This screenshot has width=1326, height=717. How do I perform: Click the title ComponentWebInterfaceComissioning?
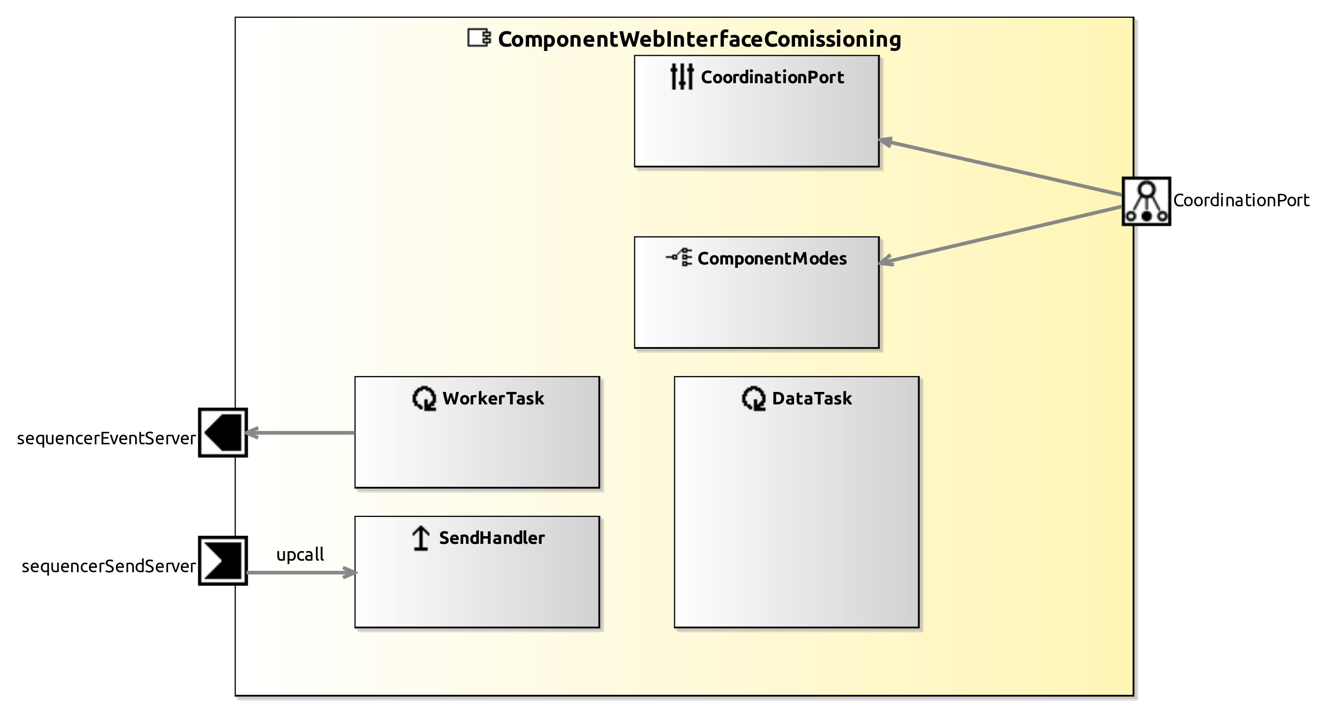pyautogui.click(x=699, y=39)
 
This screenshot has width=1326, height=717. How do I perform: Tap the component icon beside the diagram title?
pyautogui.click(x=479, y=38)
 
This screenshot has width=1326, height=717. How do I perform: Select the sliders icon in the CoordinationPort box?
pyautogui.click(x=682, y=76)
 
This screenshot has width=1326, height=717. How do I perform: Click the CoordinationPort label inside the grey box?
pyautogui.click(x=772, y=77)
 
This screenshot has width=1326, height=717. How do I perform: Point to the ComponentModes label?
pyautogui.click(x=771, y=258)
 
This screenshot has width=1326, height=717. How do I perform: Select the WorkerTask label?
pyautogui.click(x=493, y=398)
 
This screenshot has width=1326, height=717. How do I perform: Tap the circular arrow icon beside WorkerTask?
pyautogui.click(x=424, y=398)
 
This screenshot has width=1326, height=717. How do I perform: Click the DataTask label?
pyautogui.click(x=812, y=398)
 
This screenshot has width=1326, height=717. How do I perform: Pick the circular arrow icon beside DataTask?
pyautogui.click(x=754, y=398)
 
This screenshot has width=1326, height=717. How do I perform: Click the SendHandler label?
pyautogui.click(x=492, y=538)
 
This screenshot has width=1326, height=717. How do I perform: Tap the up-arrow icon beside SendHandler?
pyautogui.click(x=421, y=539)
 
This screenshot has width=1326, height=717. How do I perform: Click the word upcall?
pyautogui.click(x=300, y=554)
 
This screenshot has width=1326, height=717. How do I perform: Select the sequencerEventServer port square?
pyautogui.click(x=223, y=432)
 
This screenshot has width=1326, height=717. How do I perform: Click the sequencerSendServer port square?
pyautogui.click(x=223, y=561)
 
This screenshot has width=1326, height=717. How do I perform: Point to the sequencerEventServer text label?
pyautogui.click(x=106, y=439)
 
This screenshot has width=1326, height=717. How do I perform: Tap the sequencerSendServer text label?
pyautogui.click(x=108, y=566)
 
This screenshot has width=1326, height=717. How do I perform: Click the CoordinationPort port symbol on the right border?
pyautogui.click(x=1146, y=201)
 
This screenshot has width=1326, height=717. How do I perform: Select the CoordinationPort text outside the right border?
pyautogui.click(x=1241, y=200)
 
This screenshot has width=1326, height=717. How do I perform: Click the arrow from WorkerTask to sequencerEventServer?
pyautogui.click(x=301, y=433)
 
